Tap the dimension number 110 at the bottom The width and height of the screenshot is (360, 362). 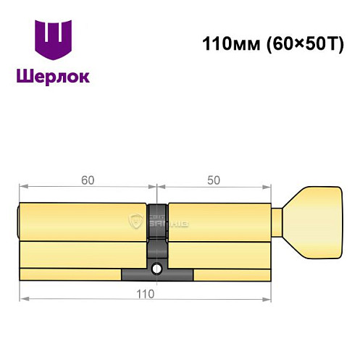point(145,294)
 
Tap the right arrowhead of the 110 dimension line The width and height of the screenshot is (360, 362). point(269,298)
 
